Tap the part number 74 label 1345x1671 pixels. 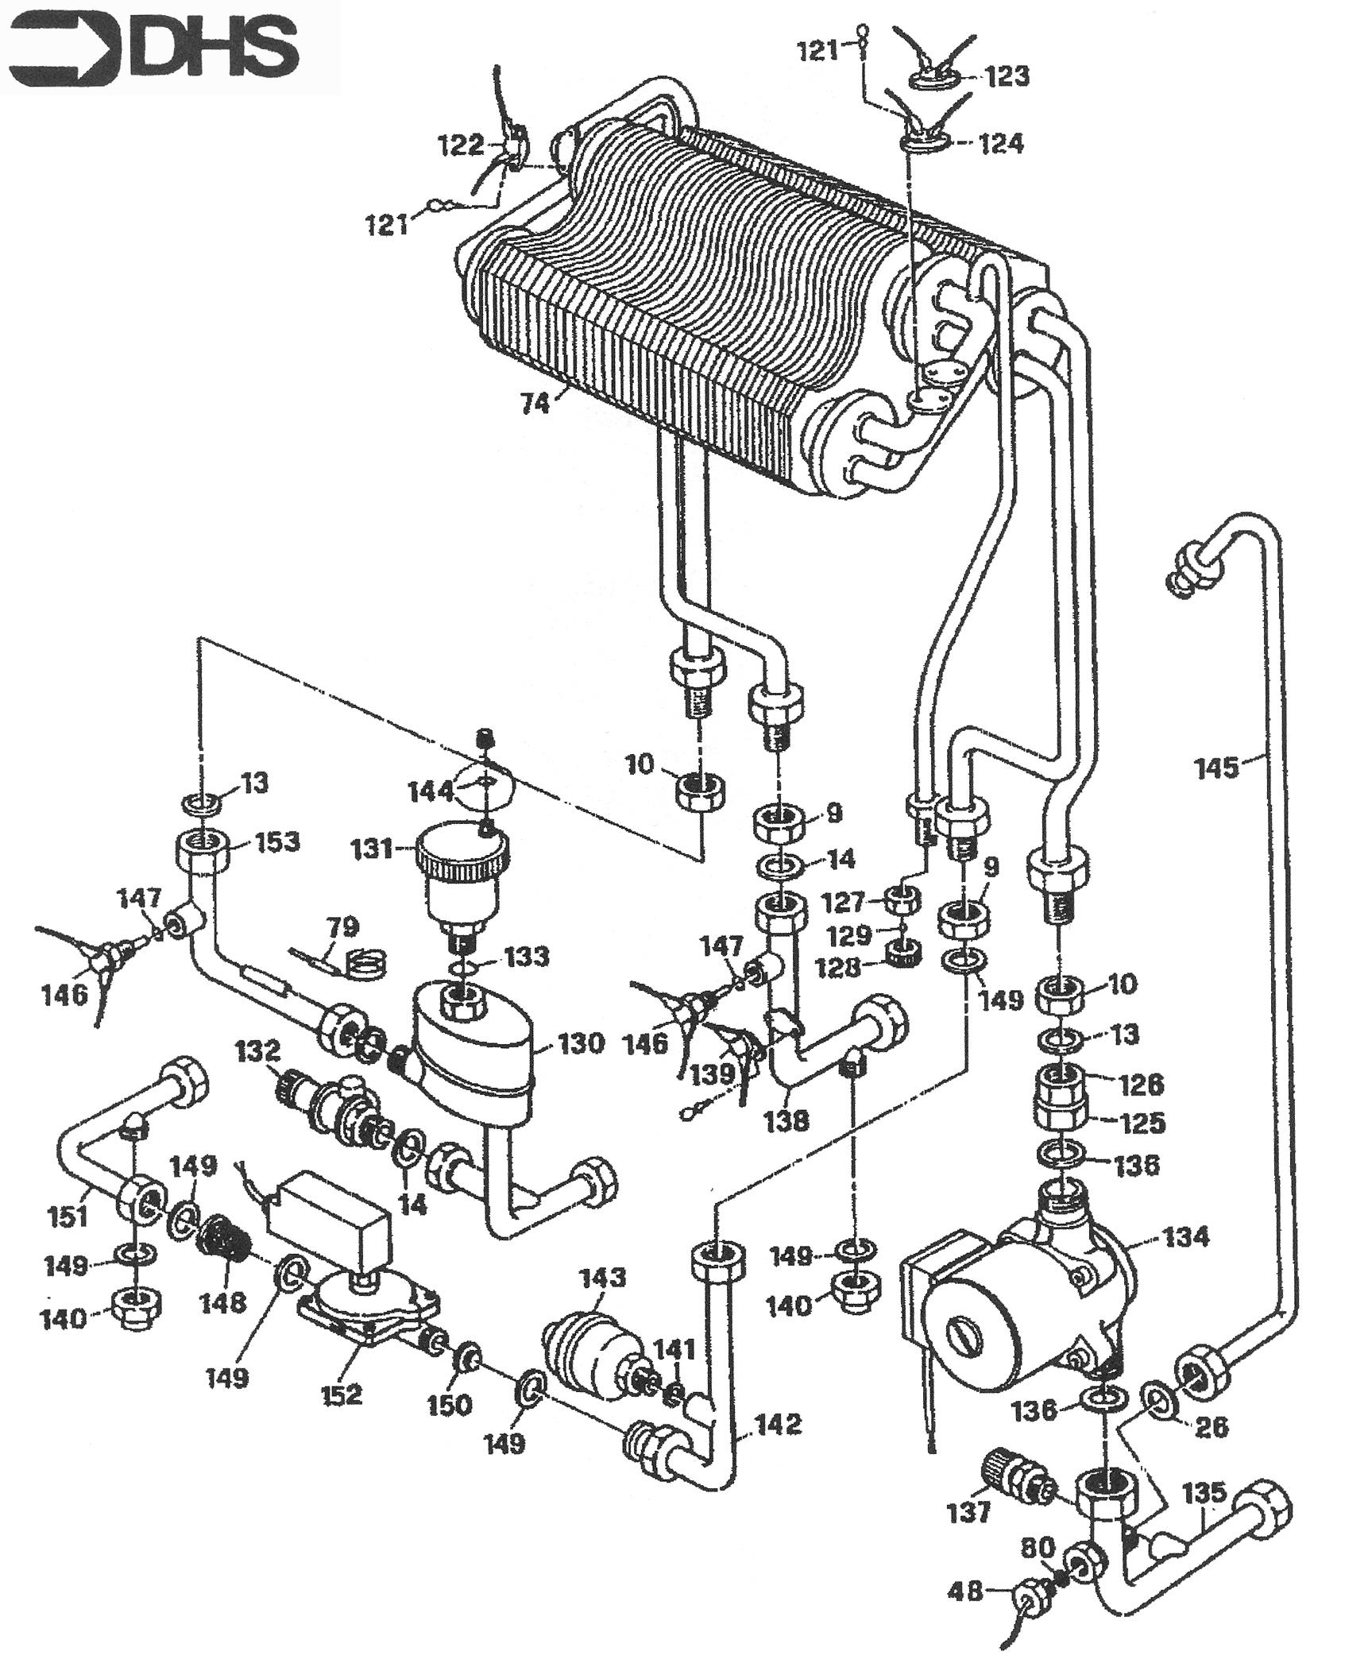(x=535, y=404)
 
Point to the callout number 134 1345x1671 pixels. (x=1185, y=1237)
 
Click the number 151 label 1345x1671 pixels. (x=68, y=1217)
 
